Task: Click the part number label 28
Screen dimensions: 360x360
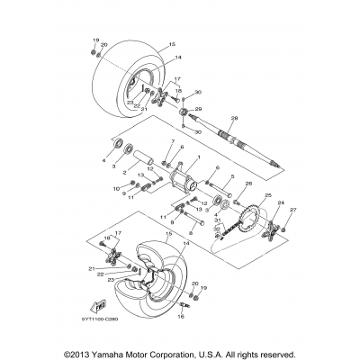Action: tap(234, 118)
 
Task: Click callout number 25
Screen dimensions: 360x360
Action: tap(241, 195)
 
